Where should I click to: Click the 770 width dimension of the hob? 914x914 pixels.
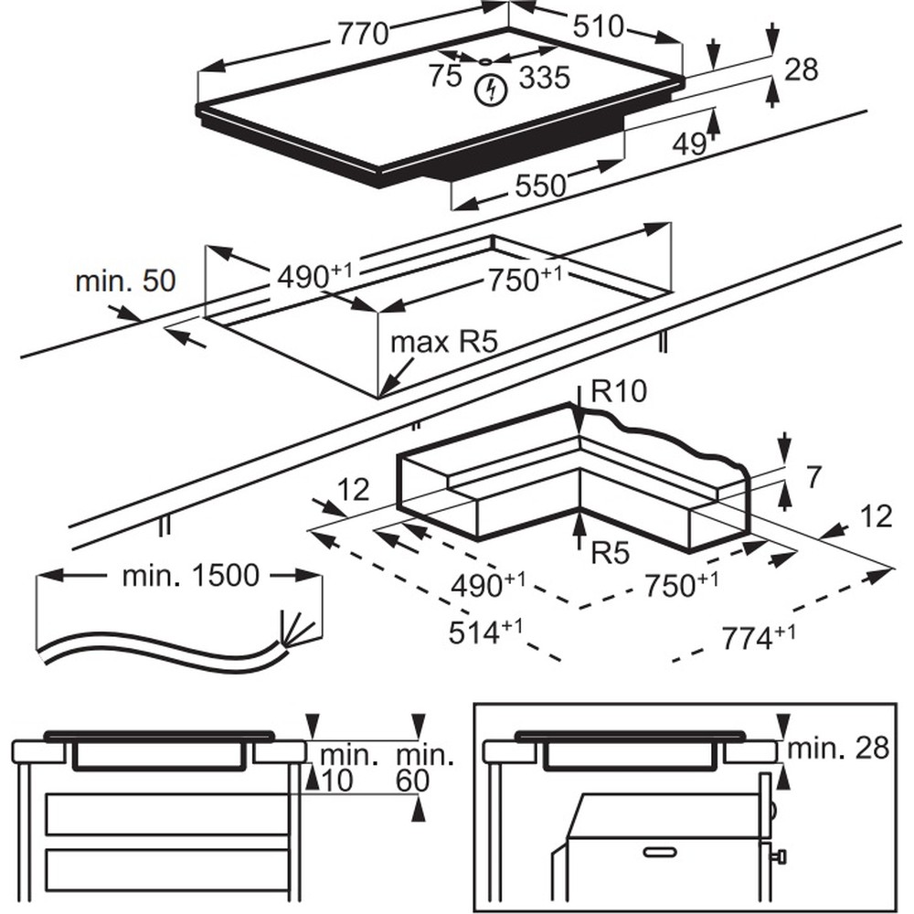363,34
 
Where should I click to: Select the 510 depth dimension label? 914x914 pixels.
598,27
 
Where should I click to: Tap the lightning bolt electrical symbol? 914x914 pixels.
493,90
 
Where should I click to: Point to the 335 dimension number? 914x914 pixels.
545,78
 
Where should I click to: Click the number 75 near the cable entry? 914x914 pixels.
445,76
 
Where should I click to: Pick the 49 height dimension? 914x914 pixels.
689,143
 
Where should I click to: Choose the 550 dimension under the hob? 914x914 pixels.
540,186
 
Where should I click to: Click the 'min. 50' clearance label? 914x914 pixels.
125,281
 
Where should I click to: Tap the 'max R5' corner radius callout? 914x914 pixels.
444,342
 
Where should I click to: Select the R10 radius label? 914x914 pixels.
619,391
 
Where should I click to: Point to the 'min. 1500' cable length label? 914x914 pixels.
190,576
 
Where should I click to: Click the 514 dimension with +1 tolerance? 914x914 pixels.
485,632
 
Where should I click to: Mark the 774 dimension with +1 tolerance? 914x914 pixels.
759,637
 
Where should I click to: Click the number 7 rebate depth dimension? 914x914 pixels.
813,477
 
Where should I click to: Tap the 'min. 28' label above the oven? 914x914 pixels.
838,749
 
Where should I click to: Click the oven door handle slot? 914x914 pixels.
664,853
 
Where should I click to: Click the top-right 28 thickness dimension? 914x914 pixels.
802,69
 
